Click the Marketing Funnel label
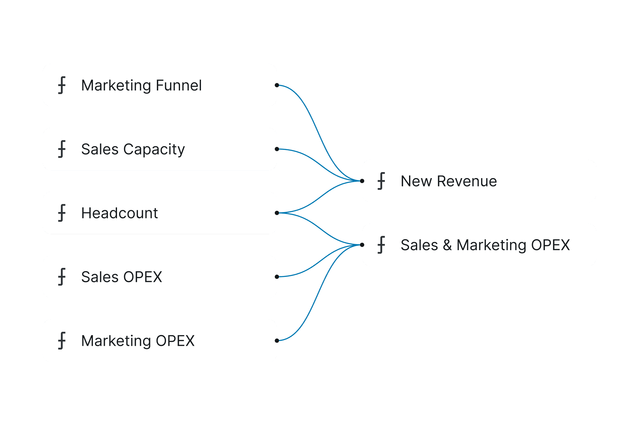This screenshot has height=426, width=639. click(141, 85)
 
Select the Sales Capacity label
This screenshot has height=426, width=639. click(133, 149)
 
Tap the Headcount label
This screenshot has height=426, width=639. click(120, 213)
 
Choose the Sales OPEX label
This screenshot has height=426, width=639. click(122, 277)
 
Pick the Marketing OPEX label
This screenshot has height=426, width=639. click(138, 341)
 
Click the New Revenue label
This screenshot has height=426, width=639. click(449, 181)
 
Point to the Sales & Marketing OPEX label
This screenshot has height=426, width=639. click(485, 245)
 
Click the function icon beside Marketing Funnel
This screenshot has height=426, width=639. click(62, 85)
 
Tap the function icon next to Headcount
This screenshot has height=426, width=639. click(62, 213)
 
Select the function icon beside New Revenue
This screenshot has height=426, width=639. click(381, 181)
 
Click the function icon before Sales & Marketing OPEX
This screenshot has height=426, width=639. click(381, 245)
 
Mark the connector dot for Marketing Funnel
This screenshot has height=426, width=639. click(277, 85)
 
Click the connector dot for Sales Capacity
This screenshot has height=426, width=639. click(277, 149)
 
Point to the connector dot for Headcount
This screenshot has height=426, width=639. click(277, 213)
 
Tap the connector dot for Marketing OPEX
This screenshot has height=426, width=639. click(277, 341)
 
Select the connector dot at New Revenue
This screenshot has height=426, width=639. click(362, 181)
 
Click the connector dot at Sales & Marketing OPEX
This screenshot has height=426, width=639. click(362, 245)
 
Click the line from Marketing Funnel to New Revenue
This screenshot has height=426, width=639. click(319, 133)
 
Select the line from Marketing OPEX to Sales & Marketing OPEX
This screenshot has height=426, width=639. click(319, 293)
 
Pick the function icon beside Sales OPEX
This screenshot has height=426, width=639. click(62, 277)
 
